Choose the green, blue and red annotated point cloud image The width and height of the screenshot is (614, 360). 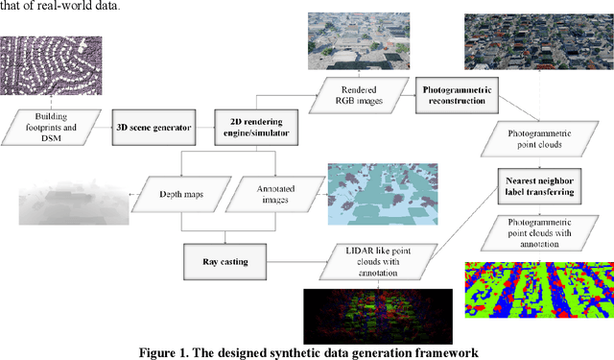point(538,293)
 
